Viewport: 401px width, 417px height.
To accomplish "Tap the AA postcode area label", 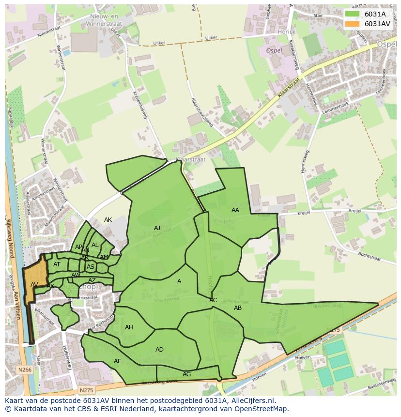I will (235, 210).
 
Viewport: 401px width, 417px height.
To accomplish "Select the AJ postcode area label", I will (157, 228).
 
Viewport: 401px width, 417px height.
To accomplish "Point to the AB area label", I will (238, 308).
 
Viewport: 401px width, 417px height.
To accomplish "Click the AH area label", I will (129, 327).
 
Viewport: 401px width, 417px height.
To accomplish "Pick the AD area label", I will (159, 350).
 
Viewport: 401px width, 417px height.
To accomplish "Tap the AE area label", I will (118, 361).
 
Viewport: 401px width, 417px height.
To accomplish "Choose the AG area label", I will (186, 374).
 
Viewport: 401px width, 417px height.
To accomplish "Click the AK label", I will (108, 220).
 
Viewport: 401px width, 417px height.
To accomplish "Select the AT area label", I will (57, 264).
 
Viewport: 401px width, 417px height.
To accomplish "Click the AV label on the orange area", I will (34, 285).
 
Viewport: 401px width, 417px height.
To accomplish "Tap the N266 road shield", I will (25, 370).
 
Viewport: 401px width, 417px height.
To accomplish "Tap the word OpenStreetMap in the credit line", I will (262, 409).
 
